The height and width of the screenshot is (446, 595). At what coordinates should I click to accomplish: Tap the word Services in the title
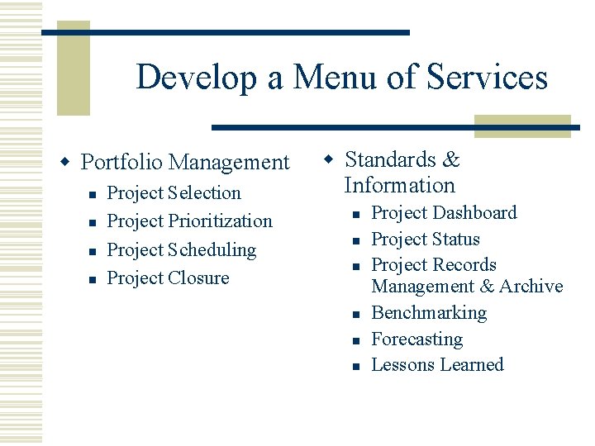pos(487,78)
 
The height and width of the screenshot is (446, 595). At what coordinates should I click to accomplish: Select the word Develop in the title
pos(198,78)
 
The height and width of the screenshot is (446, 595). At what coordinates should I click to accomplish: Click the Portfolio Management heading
pos(185,162)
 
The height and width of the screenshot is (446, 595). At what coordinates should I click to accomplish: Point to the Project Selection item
pos(174,193)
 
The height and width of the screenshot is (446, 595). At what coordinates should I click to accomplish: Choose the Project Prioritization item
pos(189,221)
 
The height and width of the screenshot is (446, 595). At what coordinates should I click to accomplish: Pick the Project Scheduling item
pos(182,249)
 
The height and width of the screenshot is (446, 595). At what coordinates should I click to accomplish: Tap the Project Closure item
pos(169,278)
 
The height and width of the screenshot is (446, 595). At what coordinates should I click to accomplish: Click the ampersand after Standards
pos(451,159)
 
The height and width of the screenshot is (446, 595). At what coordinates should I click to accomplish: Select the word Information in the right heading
pos(399,185)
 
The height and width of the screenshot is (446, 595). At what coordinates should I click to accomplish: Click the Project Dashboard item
pos(444,213)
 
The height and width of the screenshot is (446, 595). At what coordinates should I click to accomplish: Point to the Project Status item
pos(426,240)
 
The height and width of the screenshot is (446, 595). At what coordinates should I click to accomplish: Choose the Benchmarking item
pos(429,313)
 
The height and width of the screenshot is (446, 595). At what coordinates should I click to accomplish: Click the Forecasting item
pos(416,339)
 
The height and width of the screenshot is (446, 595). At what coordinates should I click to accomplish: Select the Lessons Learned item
pos(437,365)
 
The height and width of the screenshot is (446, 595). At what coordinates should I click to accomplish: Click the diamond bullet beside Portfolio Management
pos(69,159)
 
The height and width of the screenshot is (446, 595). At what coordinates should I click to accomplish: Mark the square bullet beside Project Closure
pos(93,278)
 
